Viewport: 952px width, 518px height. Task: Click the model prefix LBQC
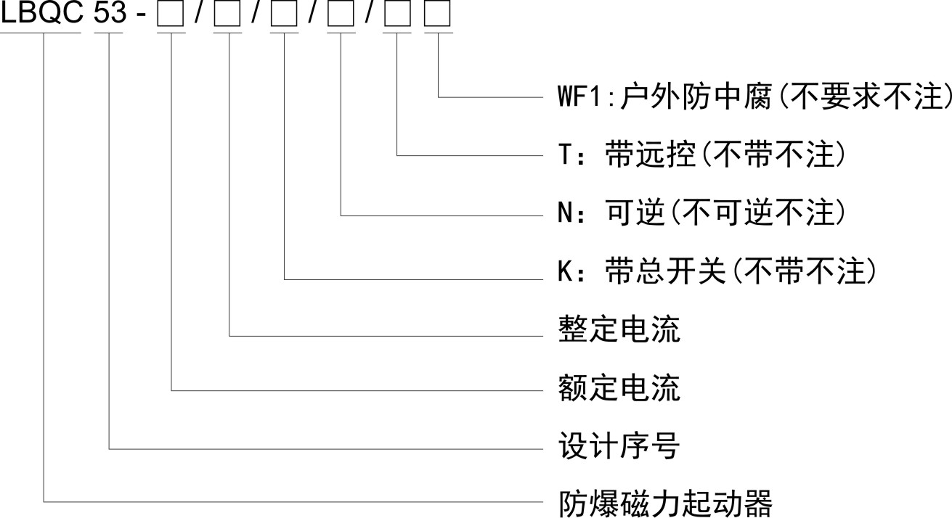click(43, 15)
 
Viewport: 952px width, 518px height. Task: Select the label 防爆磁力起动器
click(664, 502)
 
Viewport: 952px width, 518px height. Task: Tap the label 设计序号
click(619, 447)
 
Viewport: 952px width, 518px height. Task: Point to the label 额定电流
click(619, 389)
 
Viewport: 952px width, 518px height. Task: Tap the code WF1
click(574, 96)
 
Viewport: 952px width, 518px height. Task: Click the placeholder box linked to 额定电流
click(171, 16)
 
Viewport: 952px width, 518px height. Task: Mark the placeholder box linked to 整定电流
click(228, 16)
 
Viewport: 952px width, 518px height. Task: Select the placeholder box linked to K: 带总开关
click(283, 16)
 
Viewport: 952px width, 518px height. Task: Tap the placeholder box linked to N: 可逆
click(341, 16)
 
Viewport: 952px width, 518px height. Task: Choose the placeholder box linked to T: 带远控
click(397, 16)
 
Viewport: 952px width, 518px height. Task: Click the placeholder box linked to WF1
click(437, 16)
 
